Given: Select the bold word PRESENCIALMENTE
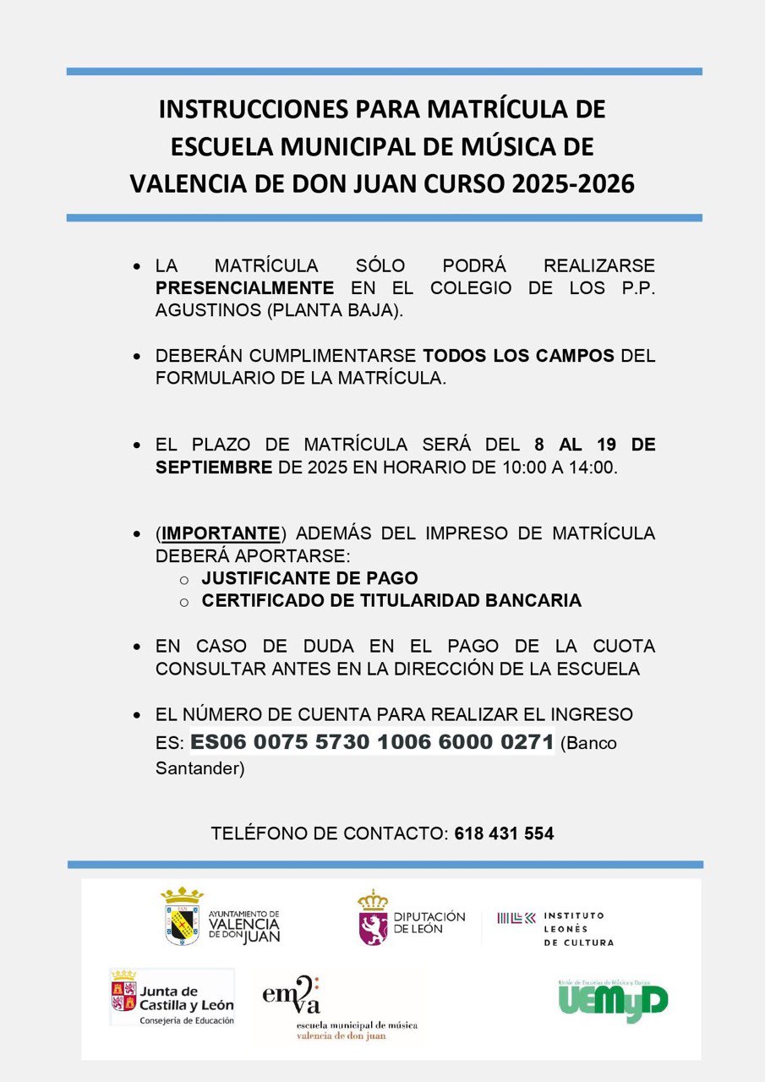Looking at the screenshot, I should (244, 287).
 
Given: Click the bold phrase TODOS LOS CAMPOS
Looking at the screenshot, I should (519, 356).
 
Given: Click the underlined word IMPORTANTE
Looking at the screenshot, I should (221, 533).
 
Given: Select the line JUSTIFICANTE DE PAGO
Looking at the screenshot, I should (309, 579).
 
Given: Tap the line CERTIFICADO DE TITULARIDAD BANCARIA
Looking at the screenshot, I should (391, 601).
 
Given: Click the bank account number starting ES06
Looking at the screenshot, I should (372, 743).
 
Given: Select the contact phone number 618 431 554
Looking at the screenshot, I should (504, 833).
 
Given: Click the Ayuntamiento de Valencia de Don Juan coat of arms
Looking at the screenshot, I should (183, 916).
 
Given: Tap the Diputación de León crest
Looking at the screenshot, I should (373, 917).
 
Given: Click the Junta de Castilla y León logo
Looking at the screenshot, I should (172, 997).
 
